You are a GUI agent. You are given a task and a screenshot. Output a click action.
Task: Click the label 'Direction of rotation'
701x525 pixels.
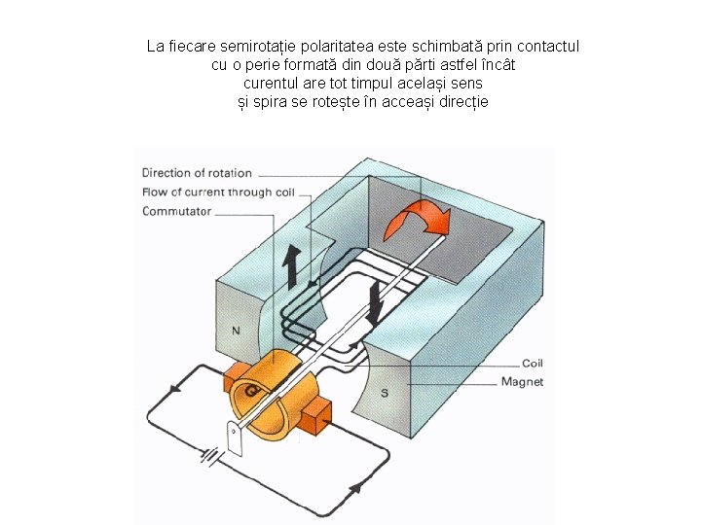pyautogui.click(x=197, y=173)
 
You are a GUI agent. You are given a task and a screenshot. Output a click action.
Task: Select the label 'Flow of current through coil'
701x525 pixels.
pyautogui.click(x=218, y=192)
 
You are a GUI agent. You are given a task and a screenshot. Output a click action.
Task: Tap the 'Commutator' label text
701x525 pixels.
pyautogui.click(x=176, y=211)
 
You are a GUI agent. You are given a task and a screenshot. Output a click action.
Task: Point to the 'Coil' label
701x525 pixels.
pyautogui.click(x=532, y=364)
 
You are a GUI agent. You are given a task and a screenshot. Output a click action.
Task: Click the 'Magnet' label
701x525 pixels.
pyautogui.click(x=522, y=381)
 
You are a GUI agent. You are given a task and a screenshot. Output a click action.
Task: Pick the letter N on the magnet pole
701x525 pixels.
pyautogui.click(x=235, y=331)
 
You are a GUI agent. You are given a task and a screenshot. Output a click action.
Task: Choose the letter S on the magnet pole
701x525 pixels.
pyautogui.click(x=384, y=393)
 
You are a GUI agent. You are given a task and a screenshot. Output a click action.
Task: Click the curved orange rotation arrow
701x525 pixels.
pyautogui.click(x=416, y=222)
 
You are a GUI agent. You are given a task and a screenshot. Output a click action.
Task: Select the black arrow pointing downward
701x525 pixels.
pyautogui.click(x=376, y=302)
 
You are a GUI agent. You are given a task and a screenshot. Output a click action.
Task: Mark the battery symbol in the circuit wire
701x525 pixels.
pyautogui.click(x=209, y=455)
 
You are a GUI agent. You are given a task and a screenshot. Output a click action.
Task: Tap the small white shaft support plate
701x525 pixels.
pyautogui.click(x=235, y=438)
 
